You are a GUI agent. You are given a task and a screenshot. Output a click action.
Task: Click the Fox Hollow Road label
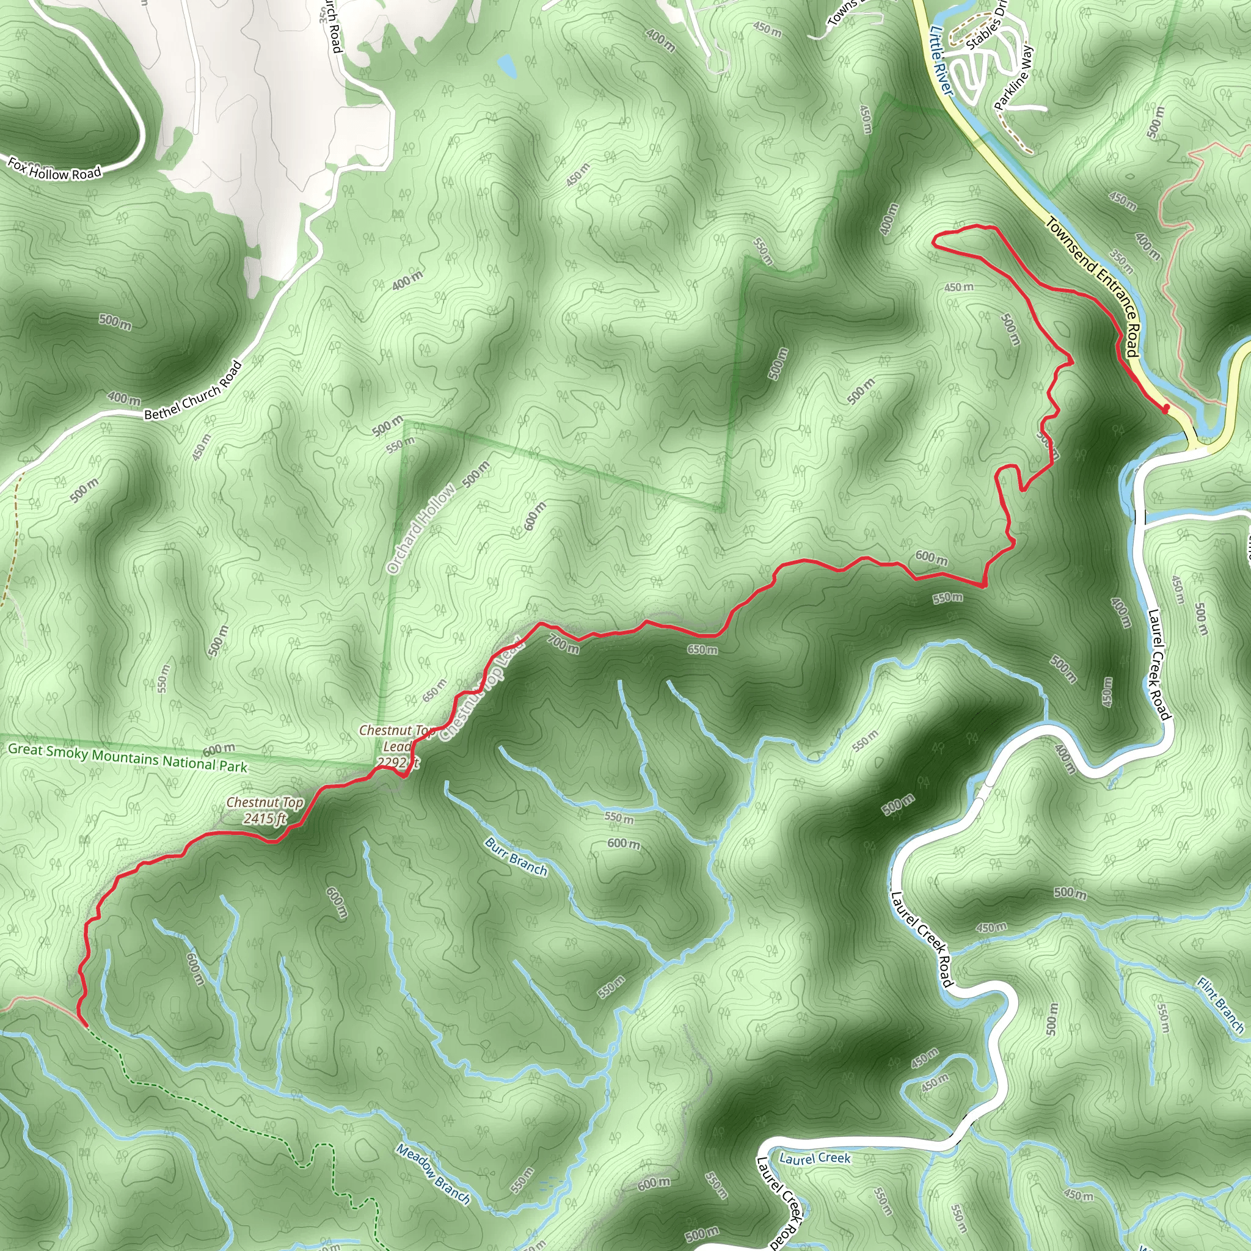point(54,169)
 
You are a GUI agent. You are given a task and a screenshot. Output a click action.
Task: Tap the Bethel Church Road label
point(193,391)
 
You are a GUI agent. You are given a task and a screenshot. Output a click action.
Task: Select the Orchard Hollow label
point(421,528)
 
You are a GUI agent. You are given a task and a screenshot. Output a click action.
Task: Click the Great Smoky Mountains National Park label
point(128,757)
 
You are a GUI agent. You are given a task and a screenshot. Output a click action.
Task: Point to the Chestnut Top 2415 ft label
point(265,810)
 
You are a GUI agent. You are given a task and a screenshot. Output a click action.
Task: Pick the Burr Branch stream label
point(516,856)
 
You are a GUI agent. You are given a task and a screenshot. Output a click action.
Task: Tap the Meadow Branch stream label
point(433,1174)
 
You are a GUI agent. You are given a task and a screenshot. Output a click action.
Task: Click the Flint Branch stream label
point(1220,1005)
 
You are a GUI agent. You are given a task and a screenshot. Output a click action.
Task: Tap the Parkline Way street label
point(1014,78)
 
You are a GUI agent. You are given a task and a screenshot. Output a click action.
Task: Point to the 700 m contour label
point(563,644)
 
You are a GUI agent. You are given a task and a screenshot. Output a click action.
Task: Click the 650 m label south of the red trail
point(702,649)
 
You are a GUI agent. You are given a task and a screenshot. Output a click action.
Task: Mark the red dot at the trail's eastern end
point(1166,409)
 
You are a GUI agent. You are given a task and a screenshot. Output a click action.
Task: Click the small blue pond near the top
point(507,65)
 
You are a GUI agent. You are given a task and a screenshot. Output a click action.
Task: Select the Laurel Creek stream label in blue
point(815,1158)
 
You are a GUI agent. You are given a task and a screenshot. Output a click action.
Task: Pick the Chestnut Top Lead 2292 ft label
point(396,746)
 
